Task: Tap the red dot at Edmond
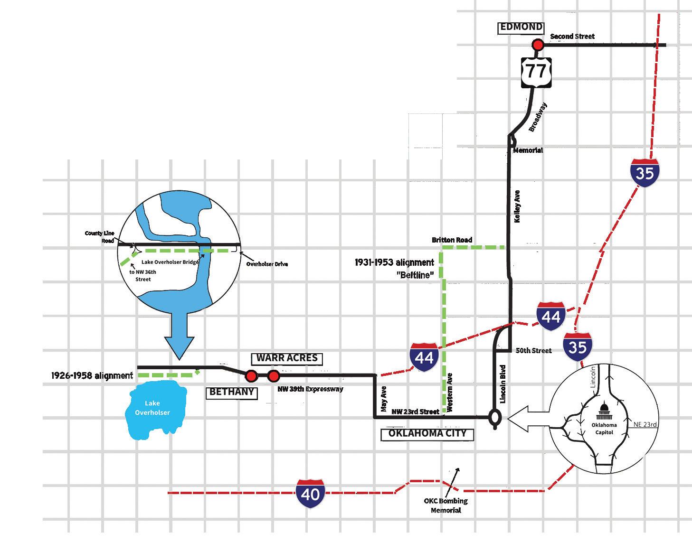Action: coord(537,45)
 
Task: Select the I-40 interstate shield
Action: coord(311,494)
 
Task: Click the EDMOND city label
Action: coord(521,28)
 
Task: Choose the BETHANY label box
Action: coord(232,393)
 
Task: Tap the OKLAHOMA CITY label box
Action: coord(427,433)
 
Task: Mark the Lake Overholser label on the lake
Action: coord(152,408)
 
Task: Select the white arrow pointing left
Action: coord(527,419)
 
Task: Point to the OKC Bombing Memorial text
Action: coord(446,505)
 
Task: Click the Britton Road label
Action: coord(452,240)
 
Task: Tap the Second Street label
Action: coord(572,37)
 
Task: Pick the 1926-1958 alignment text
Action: coord(92,376)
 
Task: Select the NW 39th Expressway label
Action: coord(310,389)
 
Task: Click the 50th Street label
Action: coord(533,351)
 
